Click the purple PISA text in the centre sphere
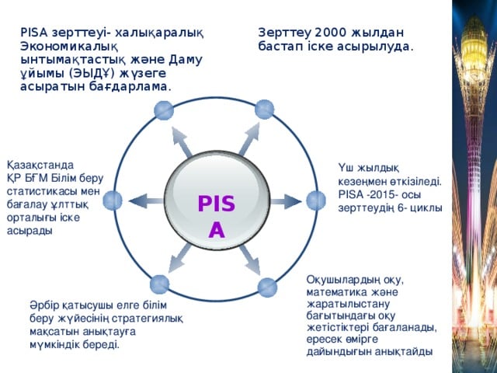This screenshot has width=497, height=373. click(x=217, y=216)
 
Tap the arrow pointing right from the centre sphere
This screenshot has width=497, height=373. click(x=286, y=201)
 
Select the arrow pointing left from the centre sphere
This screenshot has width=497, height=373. click(x=146, y=201)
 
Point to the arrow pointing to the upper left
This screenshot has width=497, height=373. click(x=182, y=141)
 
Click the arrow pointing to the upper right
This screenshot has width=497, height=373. click(x=249, y=139)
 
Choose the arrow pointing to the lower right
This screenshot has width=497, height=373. click(x=250, y=260)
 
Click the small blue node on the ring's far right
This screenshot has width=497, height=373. click(x=316, y=200)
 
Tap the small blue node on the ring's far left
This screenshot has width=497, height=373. click(x=113, y=200)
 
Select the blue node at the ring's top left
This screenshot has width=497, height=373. click(x=164, y=110)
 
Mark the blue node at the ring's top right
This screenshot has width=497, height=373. click(x=264, y=110)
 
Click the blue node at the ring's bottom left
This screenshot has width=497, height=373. click(x=159, y=284)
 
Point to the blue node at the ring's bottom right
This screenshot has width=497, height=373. click(x=267, y=288)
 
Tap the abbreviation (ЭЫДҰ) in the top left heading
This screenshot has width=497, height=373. click(x=92, y=74)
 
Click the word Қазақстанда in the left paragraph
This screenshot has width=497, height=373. click(x=40, y=166)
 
